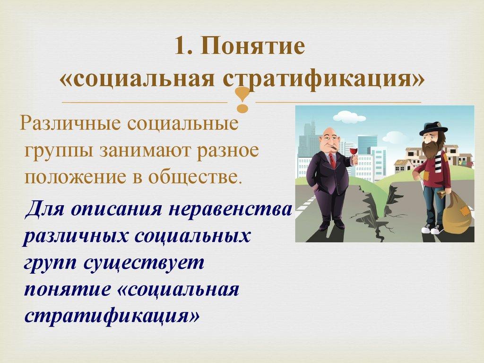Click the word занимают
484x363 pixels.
click(148, 152)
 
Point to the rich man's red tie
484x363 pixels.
click(332, 161)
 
